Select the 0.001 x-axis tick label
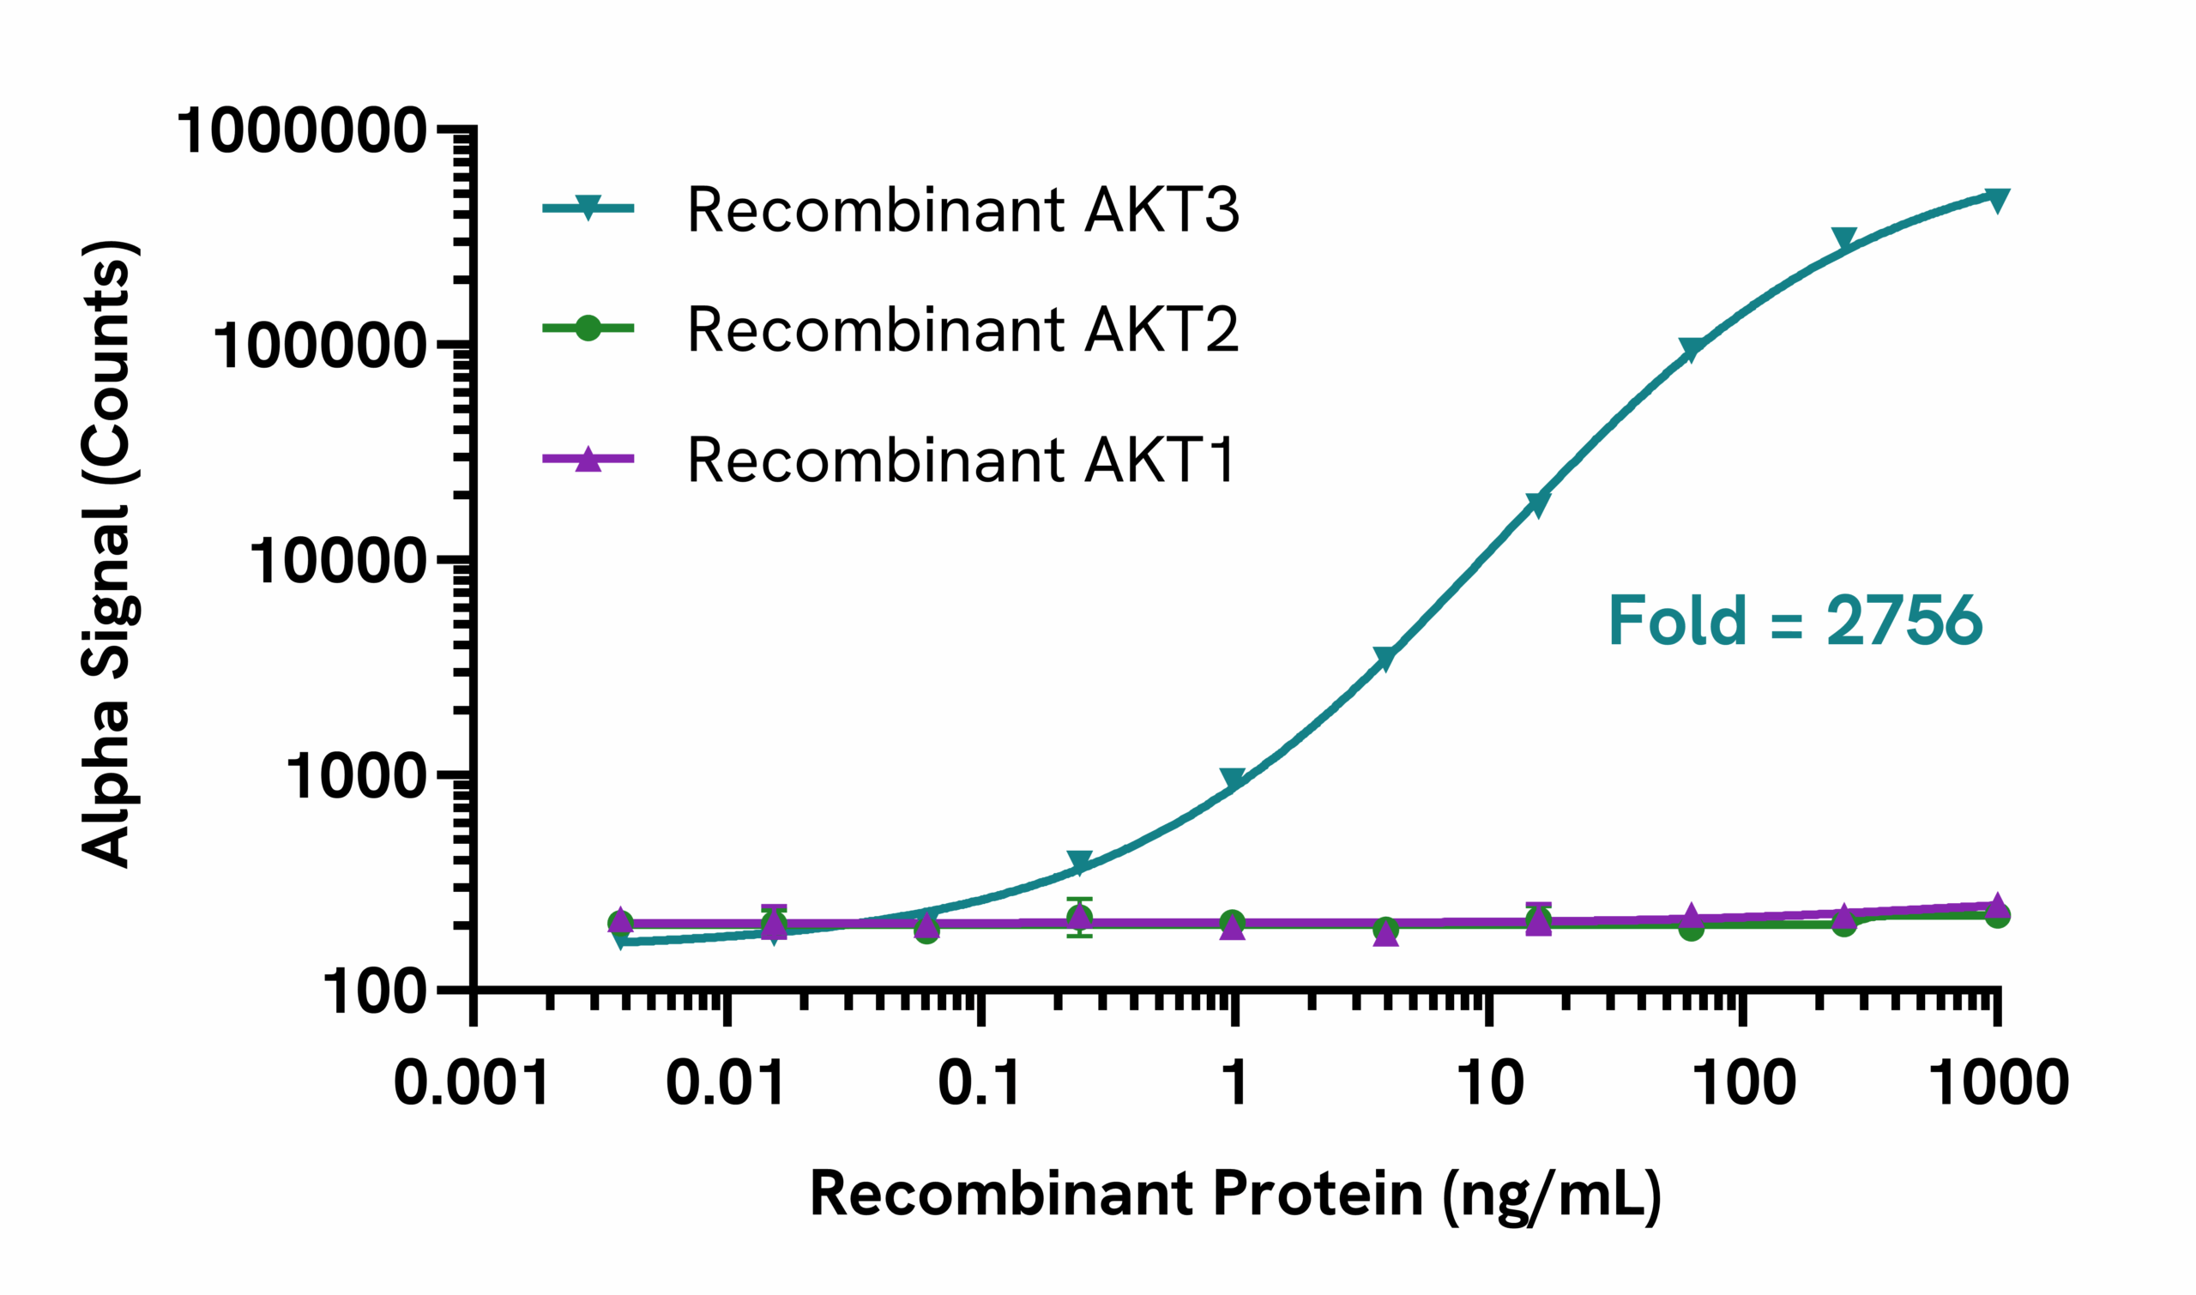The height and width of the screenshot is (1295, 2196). coord(471,1084)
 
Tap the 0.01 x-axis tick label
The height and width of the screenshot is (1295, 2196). coord(727,1084)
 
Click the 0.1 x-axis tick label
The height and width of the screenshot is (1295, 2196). coord(980,1084)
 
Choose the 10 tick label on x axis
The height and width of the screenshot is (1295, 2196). coord(1490,1084)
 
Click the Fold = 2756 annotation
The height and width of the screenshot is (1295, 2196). coord(1795,621)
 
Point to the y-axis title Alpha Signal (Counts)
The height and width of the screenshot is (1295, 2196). coord(108,553)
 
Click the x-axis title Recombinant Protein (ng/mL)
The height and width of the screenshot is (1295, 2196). coord(1235,1194)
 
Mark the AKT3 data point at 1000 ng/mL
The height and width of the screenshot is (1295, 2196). coord(1997,200)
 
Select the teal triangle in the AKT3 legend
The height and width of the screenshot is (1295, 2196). coord(588,208)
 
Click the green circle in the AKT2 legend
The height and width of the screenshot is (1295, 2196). coord(588,328)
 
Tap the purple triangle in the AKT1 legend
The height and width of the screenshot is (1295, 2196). coord(588,459)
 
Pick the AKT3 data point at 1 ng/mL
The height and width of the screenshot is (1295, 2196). coord(1234,780)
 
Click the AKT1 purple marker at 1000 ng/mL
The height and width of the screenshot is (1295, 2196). coord(1997,906)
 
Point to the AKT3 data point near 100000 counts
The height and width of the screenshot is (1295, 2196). coord(1692,350)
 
